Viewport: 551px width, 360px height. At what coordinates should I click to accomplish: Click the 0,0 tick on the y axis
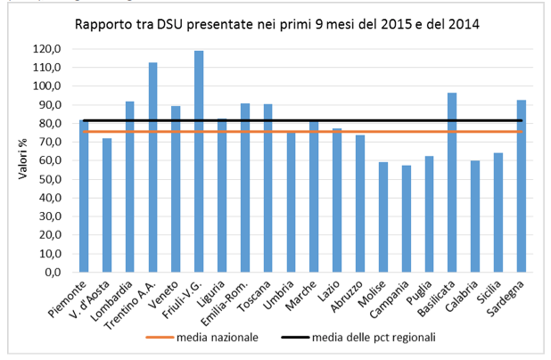(54, 273)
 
